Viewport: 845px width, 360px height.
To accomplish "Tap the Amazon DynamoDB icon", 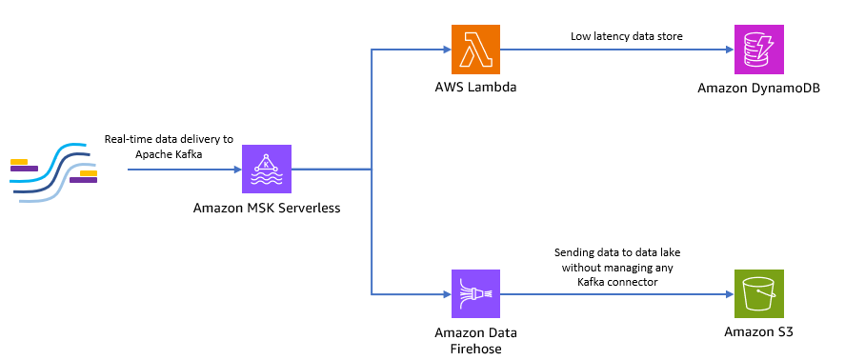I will (x=758, y=50).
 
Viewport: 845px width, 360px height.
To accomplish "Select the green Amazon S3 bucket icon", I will (x=758, y=292).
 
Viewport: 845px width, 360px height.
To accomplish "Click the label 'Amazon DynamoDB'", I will (x=758, y=88).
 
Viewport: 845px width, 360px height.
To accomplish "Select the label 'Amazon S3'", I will (x=758, y=331).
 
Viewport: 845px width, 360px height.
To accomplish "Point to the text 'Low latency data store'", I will (x=627, y=36).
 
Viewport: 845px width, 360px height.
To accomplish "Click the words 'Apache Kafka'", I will (x=169, y=152).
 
